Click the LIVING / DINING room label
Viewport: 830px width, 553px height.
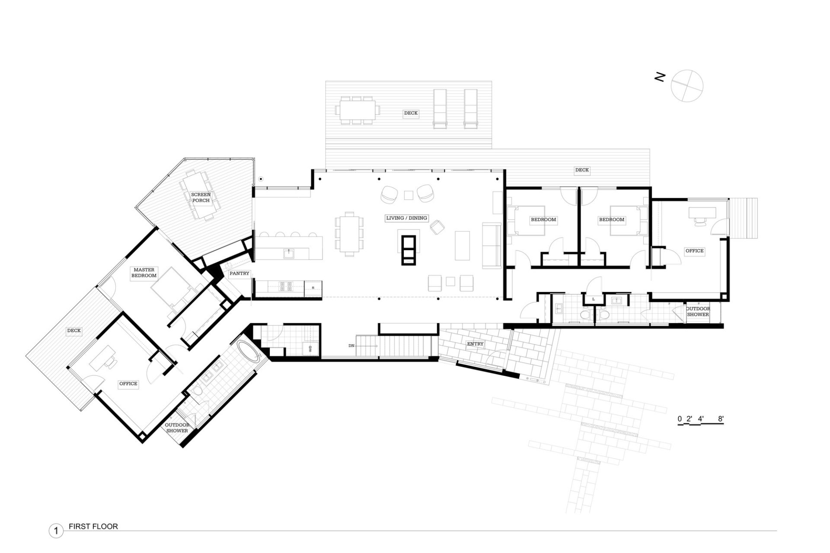click(x=406, y=218)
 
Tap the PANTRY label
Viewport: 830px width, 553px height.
click(x=239, y=273)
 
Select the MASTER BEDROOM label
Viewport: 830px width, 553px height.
click(x=144, y=273)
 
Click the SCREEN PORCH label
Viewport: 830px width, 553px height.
click(x=201, y=197)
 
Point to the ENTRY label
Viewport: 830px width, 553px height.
click(x=475, y=344)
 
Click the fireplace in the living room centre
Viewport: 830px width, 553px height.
click(x=409, y=250)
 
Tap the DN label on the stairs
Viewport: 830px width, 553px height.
click(x=351, y=346)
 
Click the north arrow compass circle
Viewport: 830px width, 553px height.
click(x=687, y=86)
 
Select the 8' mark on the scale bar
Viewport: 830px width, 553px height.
click(x=721, y=419)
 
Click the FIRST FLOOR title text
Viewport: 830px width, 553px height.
click(x=93, y=527)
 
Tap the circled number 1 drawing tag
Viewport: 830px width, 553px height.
click(x=56, y=531)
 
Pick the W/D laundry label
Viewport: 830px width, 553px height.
click(x=310, y=349)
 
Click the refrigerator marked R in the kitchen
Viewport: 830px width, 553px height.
click(x=313, y=288)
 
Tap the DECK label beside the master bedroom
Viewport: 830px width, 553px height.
click(x=74, y=331)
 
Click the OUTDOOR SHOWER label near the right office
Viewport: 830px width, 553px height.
click(x=698, y=311)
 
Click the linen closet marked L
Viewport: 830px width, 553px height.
click(x=594, y=299)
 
